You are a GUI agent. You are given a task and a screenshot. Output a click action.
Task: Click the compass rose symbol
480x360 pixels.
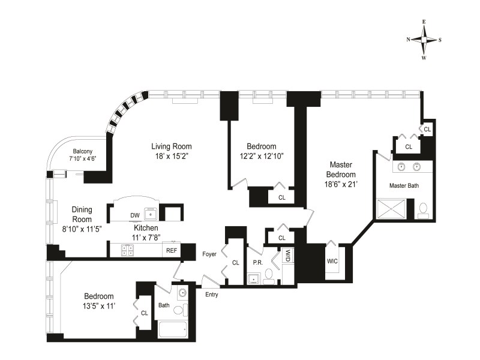coord(424,40)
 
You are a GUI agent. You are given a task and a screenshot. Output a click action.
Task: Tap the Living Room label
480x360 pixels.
coord(172,146)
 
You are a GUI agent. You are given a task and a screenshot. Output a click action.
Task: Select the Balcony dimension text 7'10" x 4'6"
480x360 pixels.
coord(83,158)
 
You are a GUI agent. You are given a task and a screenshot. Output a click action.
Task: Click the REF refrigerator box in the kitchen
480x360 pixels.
coord(172,250)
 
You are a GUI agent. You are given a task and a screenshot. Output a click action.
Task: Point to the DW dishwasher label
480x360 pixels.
coord(134,215)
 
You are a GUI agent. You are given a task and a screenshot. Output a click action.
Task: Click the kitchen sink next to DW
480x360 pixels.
coord(151,214)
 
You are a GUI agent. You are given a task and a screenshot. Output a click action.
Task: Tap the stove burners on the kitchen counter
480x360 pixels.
coord(127,250)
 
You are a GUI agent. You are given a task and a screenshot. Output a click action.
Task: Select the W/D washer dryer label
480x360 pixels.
coord(288,256)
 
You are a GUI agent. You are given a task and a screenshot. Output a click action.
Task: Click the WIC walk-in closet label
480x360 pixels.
coord(332,261)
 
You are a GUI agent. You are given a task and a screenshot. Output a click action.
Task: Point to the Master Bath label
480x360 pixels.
coord(404,185)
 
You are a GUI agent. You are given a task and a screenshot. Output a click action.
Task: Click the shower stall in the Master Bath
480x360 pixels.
coord(392,209)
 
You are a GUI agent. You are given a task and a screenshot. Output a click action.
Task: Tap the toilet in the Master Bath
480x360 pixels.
coord(424,211)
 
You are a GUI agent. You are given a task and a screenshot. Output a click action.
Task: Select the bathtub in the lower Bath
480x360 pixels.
coord(173,329)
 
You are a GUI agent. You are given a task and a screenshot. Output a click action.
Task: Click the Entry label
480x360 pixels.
coord(212,295)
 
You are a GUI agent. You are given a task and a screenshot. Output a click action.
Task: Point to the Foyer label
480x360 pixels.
coord(209,254)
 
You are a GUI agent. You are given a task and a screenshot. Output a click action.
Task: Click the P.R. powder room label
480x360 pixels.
coord(258,263)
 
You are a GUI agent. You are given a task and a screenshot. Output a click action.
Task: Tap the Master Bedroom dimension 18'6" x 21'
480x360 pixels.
coord(341,184)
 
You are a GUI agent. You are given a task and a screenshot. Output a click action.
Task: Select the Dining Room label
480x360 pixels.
coord(82,214)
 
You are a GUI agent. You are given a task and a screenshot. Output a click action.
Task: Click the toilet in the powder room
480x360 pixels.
coord(269,274)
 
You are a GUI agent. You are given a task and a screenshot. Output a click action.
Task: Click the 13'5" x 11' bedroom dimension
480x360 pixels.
coord(99,306)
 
